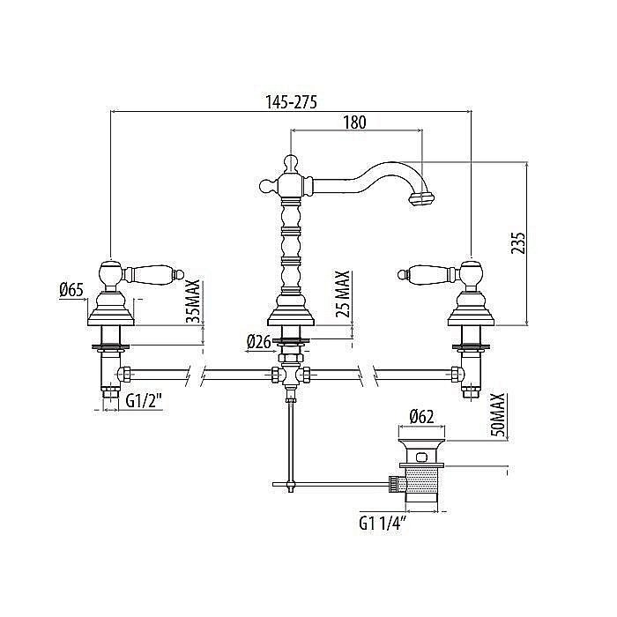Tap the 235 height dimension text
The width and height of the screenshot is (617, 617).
tap(518, 243)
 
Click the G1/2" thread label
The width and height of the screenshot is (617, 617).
tap(143, 401)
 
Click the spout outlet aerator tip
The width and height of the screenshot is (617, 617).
tap(423, 197)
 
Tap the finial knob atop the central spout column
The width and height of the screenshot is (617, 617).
tap(291, 160)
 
